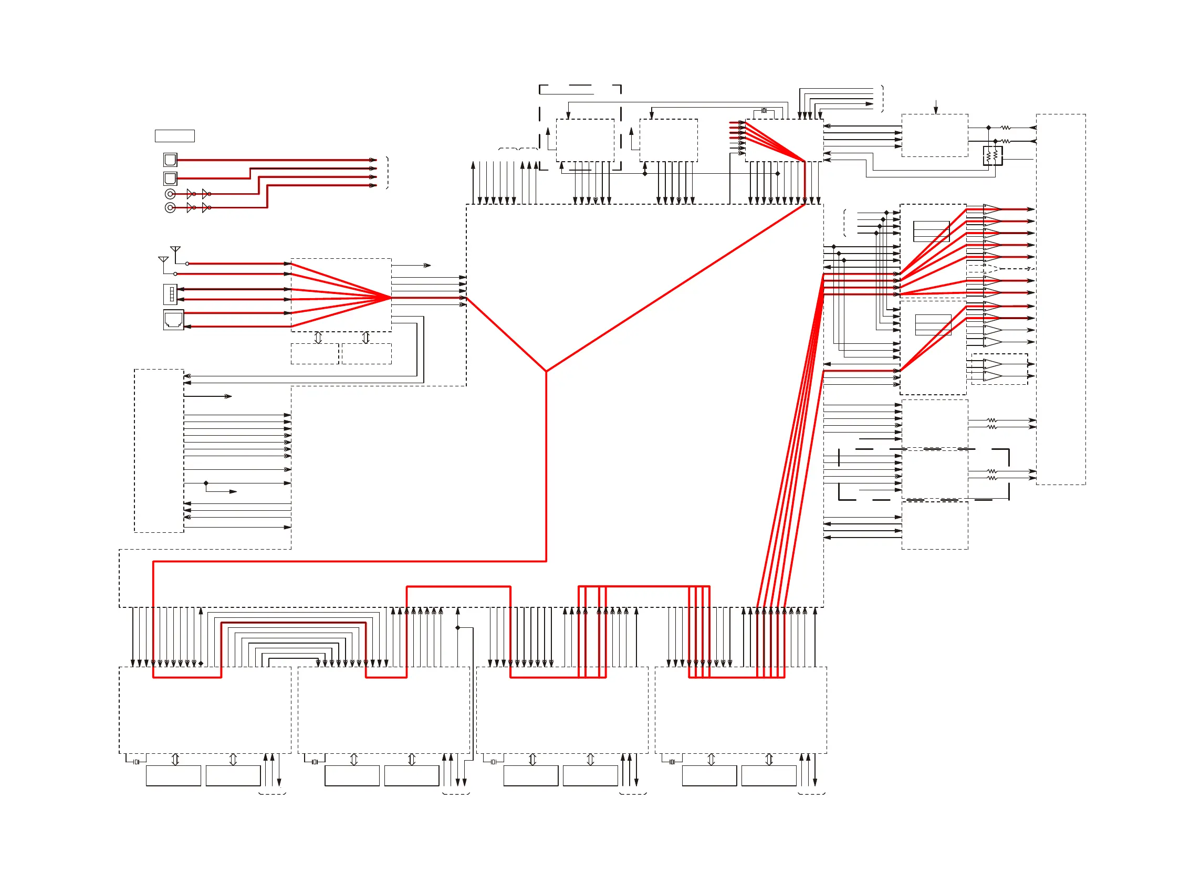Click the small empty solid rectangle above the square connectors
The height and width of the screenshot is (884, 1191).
click(x=174, y=136)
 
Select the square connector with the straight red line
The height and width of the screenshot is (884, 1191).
click(x=170, y=160)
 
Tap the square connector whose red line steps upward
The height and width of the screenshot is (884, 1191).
click(x=170, y=178)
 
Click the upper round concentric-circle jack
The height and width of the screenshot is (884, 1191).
click(x=170, y=194)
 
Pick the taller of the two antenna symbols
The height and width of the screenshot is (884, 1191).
click(x=175, y=250)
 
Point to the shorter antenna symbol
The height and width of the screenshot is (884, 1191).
click(x=163, y=260)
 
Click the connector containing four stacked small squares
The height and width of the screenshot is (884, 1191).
click(x=170, y=294)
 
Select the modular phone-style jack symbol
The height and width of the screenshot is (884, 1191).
click(x=173, y=320)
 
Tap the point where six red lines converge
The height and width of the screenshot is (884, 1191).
click(x=391, y=298)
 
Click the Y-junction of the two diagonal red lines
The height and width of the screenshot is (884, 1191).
click(x=546, y=371)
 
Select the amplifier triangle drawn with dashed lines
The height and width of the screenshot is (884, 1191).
click(x=990, y=269)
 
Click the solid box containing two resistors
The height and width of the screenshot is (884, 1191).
click(x=992, y=156)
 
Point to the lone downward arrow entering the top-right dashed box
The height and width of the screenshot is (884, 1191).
click(x=936, y=108)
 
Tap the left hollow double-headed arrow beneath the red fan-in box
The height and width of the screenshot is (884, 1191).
click(x=318, y=338)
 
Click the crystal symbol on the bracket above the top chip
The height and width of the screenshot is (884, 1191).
click(x=765, y=111)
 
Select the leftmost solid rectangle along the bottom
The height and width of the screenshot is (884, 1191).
click(x=173, y=775)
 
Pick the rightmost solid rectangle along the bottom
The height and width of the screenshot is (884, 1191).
click(x=769, y=775)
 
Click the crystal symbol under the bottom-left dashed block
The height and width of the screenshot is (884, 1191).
click(x=137, y=762)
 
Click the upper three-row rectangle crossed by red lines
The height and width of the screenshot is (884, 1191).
click(x=932, y=231)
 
